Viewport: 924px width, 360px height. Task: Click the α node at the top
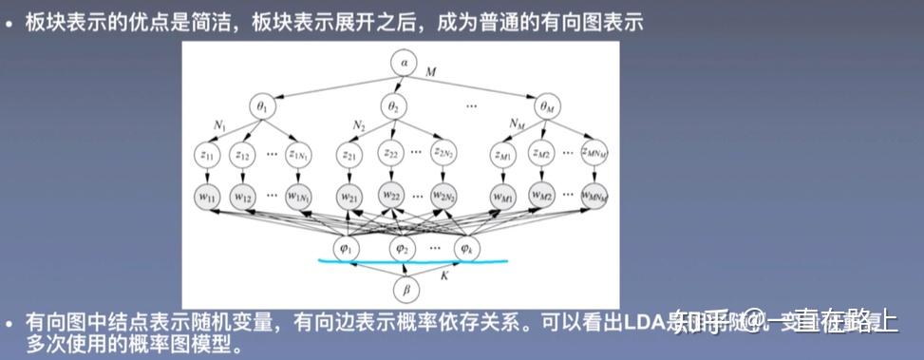point(404,64)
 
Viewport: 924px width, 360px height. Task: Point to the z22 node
point(390,153)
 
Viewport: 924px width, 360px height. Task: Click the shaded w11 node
point(208,196)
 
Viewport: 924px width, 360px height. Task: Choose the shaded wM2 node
point(541,195)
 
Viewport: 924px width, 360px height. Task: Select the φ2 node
point(403,248)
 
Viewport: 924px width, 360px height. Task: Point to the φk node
point(465,248)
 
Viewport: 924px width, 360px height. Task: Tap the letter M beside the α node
point(431,72)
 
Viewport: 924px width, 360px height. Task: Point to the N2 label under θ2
point(360,125)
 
